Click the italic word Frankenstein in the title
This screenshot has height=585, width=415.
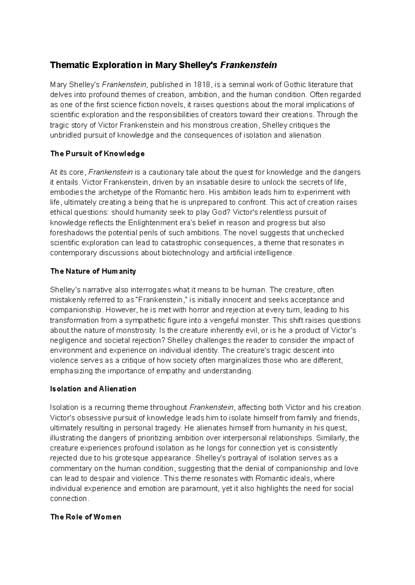pyautogui.click(x=249, y=65)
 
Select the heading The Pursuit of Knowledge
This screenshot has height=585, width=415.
pyautogui.click(x=97, y=154)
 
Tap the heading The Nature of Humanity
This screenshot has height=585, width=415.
pyautogui.click(x=93, y=271)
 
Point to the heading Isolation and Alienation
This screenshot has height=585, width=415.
pyautogui.click(x=93, y=389)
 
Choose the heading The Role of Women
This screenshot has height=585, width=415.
pyautogui.click(x=85, y=517)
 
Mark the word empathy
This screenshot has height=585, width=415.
pyautogui.click(x=170, y=371)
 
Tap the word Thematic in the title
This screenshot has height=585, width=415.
pyautogui.click(x=66, y=65)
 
